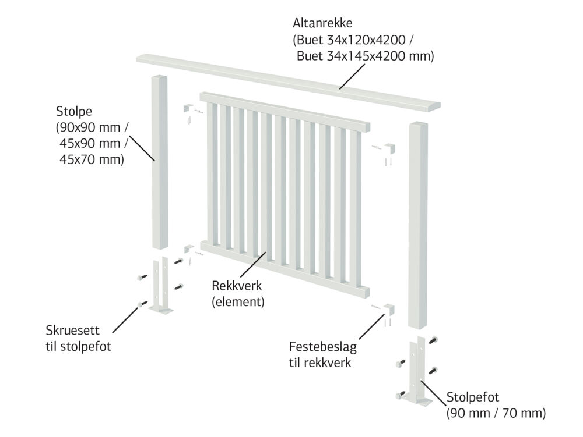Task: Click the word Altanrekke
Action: click(x=322, y=23)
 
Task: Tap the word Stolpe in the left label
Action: click(x=74, y=111)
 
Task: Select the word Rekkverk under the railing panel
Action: click(x=237, y=286)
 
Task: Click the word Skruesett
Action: click(x=72, y=330)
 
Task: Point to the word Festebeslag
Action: click(x=323, y=347)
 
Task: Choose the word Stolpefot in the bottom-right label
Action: click(x=473, y=397)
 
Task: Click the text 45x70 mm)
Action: click(x=92, y=159)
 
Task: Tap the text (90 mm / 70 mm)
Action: click(x=496, y=413)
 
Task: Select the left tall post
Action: click(x=160, y=162)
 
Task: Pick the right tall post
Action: click(x=418, y=225)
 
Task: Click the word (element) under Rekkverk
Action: click(x=238, y=301)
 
